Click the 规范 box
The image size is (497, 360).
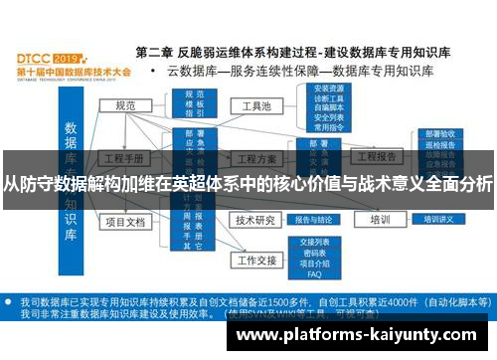(x=125, y=105)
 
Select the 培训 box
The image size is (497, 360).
(x=379, y=220)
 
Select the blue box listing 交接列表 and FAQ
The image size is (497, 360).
(x=314, y=258)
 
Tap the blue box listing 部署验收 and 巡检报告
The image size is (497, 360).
(x=437, y=147)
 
